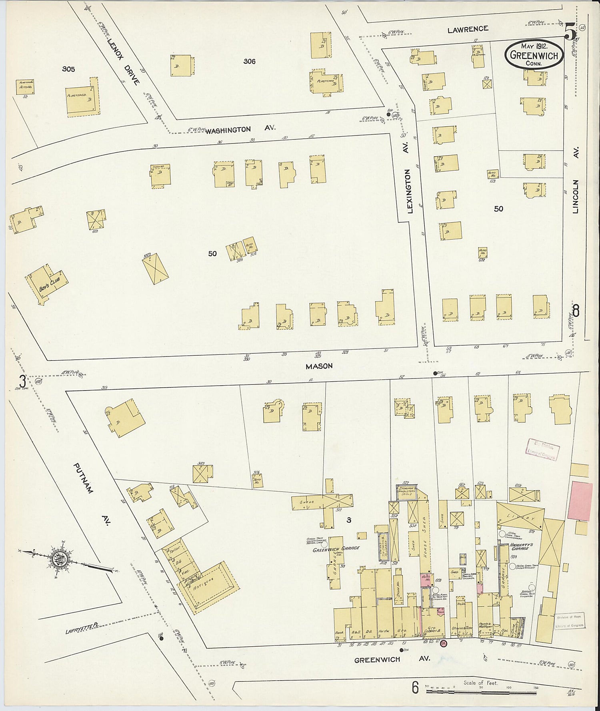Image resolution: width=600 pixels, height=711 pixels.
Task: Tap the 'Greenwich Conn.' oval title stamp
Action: pos(534,54)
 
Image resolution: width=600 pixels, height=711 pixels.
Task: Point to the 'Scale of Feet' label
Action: pos(480,683)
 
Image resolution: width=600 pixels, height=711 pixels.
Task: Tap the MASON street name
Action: pos(319,366)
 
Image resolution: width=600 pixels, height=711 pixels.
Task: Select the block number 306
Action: pos(249,61)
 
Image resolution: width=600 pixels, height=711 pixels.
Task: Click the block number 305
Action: pos(68,69)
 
